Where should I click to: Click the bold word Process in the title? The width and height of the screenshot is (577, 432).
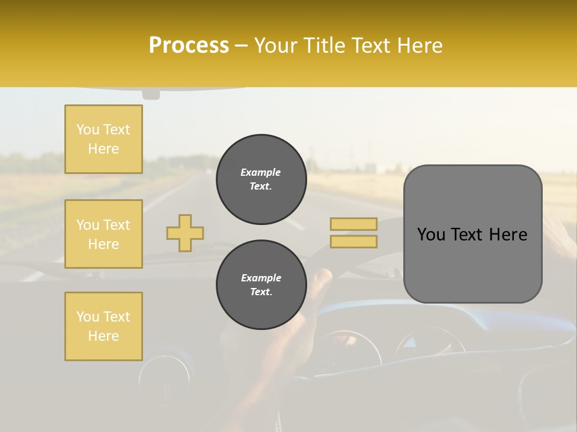click(x=189, y=46)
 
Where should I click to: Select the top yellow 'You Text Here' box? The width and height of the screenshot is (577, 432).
click(x=103, y=139)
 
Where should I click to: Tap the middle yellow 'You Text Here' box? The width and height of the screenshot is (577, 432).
click(x=103, y=234)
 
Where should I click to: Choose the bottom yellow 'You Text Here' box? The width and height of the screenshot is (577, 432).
click(x=103, y=326)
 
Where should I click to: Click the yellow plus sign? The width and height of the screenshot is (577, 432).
click(x=185, y=233)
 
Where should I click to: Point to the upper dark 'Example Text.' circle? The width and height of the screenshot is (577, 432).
click(x=261, y=179)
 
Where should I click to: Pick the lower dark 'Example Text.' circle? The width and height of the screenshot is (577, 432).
click(x=261, y=285)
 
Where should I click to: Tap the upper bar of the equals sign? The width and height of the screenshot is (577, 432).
click(x=353, y=224)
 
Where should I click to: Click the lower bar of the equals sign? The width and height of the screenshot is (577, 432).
click(x=353, y=242)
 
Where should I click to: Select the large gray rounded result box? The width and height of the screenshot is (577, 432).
click(x=472, y=234)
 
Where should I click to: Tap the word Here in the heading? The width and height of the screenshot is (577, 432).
click(x=421, y=46)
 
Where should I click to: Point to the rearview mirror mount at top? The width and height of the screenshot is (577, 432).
click(x=151, y=94)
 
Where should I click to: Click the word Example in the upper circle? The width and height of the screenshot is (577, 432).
click(x=261, y=172)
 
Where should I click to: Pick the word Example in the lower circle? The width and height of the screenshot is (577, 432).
click(x=261, y=278)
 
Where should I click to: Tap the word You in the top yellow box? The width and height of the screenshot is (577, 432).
click(x=87, y=130)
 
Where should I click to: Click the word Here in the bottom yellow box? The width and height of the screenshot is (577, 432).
click(x=103, y=336)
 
